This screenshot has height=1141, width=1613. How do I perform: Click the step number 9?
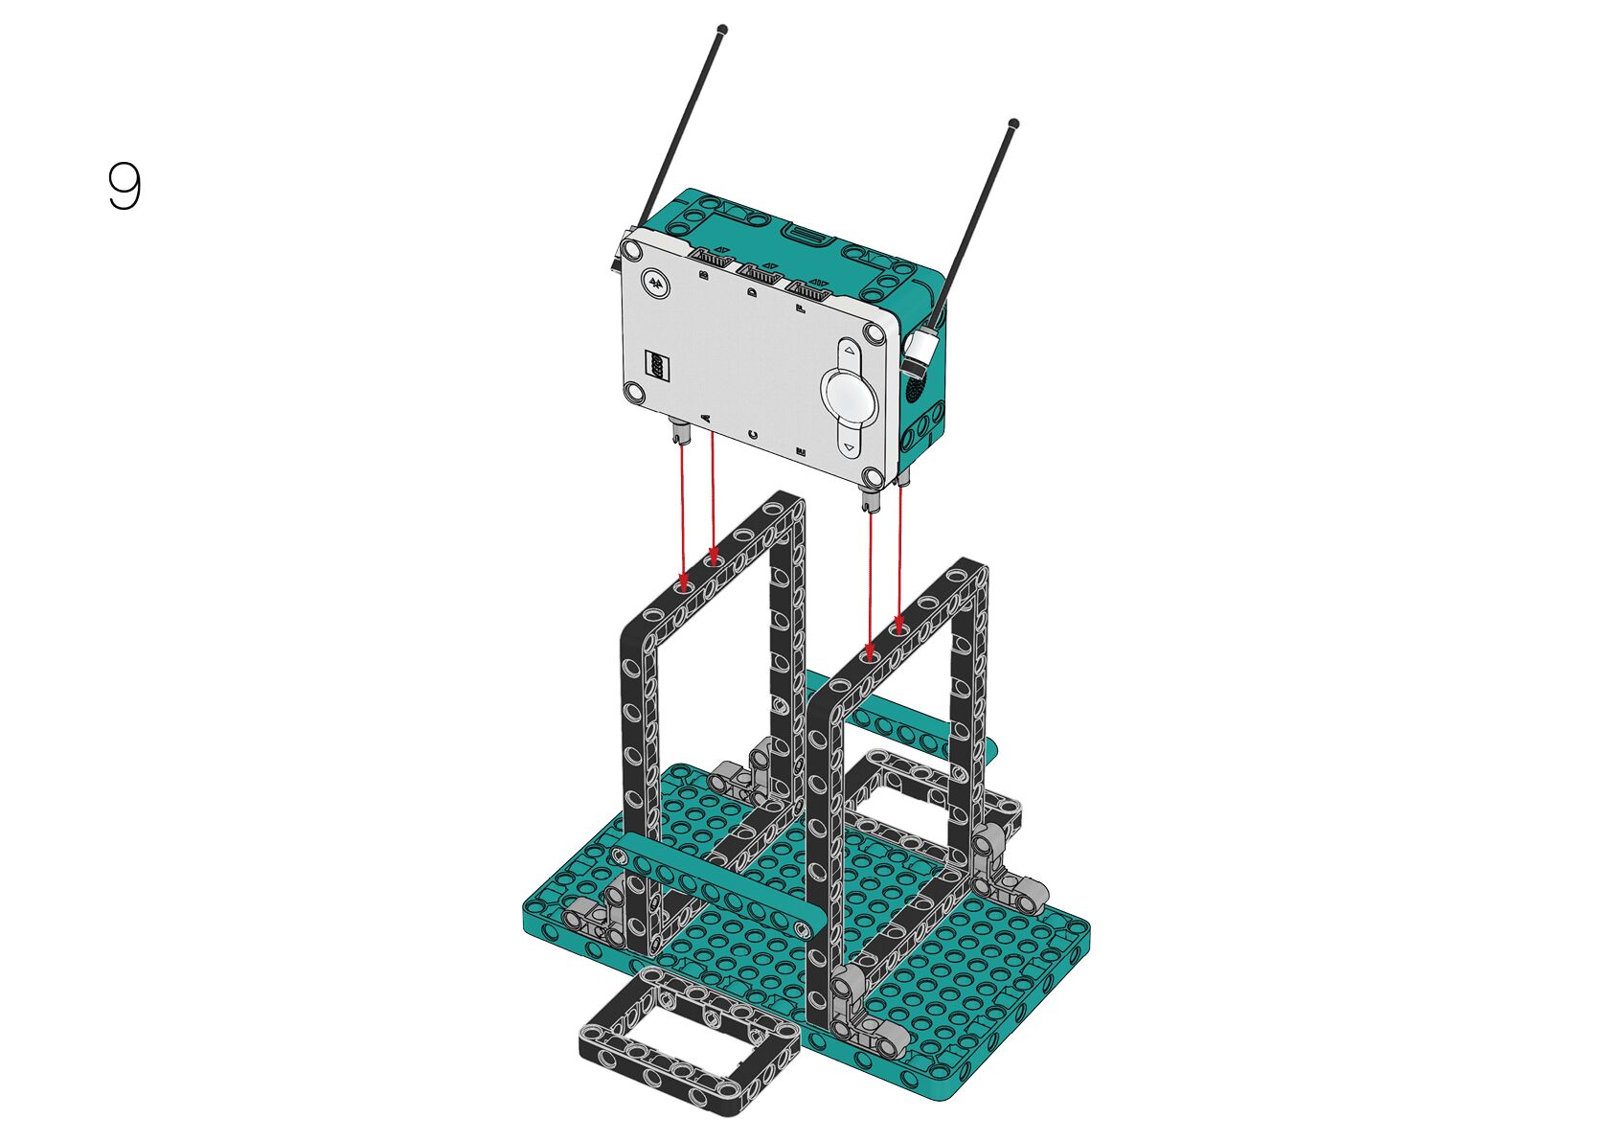pyautogui.click(x=125, y=186)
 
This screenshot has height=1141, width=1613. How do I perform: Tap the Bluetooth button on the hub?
pyautogui.click(x=656, y=283)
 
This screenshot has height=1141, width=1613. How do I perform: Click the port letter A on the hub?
pyautogui.click(x=705, y=417)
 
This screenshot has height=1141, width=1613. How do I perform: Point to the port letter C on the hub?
pyautogui.click(x=753, y=434)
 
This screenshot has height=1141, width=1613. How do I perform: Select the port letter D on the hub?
pyautogui.click(x=753, y=293)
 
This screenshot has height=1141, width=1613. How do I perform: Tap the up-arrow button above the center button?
pyautogui.click(x=850, y=351)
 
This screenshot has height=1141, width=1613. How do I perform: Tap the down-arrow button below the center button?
pyautogui.click(x=851, y=446)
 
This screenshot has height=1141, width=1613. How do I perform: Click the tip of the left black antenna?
pyautogui.click(x=723, y=30)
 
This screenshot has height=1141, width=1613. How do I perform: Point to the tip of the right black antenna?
pyautogui.click(x=1014, y=123)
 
